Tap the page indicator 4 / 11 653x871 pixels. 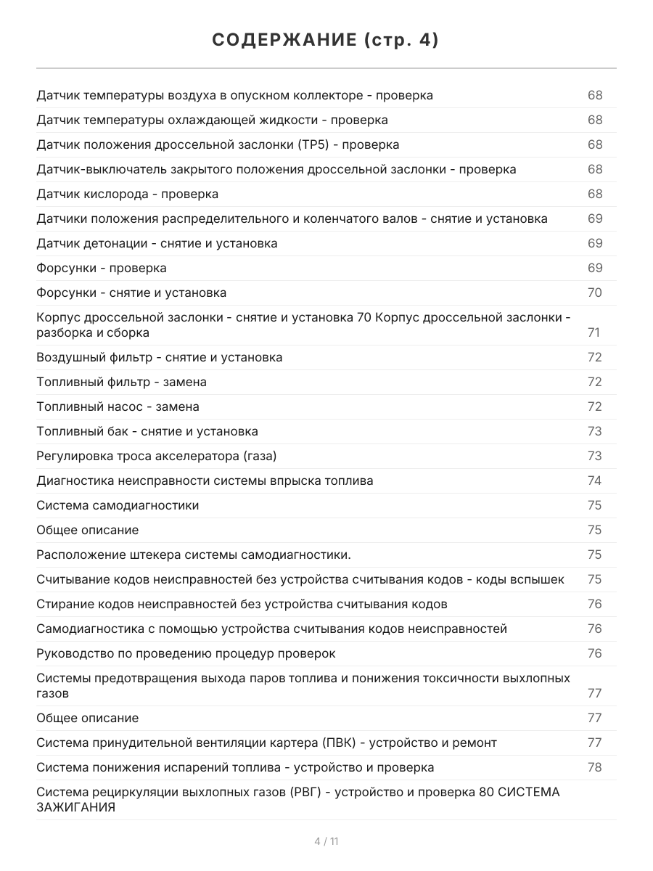[x=326, y=841]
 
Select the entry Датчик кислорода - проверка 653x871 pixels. [x=127, y=194]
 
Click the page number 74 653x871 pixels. [x=594, y=481]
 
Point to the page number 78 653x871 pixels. [x=594, y=767]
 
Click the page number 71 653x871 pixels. [x=594, y=332]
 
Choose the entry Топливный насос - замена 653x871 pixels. [x=118, y=406]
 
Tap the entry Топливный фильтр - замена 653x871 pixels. [x=121, y=382]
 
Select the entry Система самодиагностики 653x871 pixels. [x=118, y=505]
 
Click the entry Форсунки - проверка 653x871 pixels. [x=102, y=268]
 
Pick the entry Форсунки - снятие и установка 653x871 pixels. [x=131, y=293]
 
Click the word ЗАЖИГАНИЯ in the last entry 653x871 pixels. [x=75, y=807]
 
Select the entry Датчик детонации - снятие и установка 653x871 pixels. [x=157, y=243]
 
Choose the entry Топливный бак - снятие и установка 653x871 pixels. [x=147, y=431]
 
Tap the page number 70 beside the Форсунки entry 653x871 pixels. [x=594, y=293]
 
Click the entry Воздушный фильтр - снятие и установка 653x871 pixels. [x=160, y=357]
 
